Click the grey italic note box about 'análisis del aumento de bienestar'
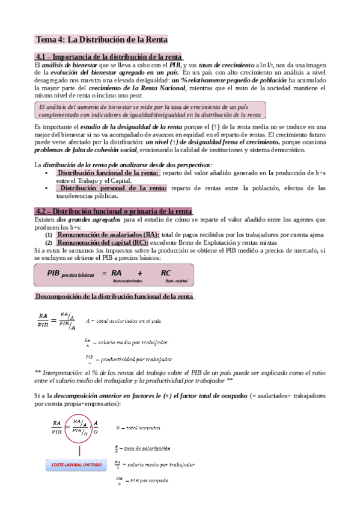tap(151, 109)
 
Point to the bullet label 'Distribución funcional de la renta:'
tap(108, 173)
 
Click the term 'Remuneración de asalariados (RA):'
tap(108, 235)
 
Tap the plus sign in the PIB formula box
tap(140, 273)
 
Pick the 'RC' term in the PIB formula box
tap(166, 273)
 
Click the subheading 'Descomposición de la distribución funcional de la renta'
tap(114, 296)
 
